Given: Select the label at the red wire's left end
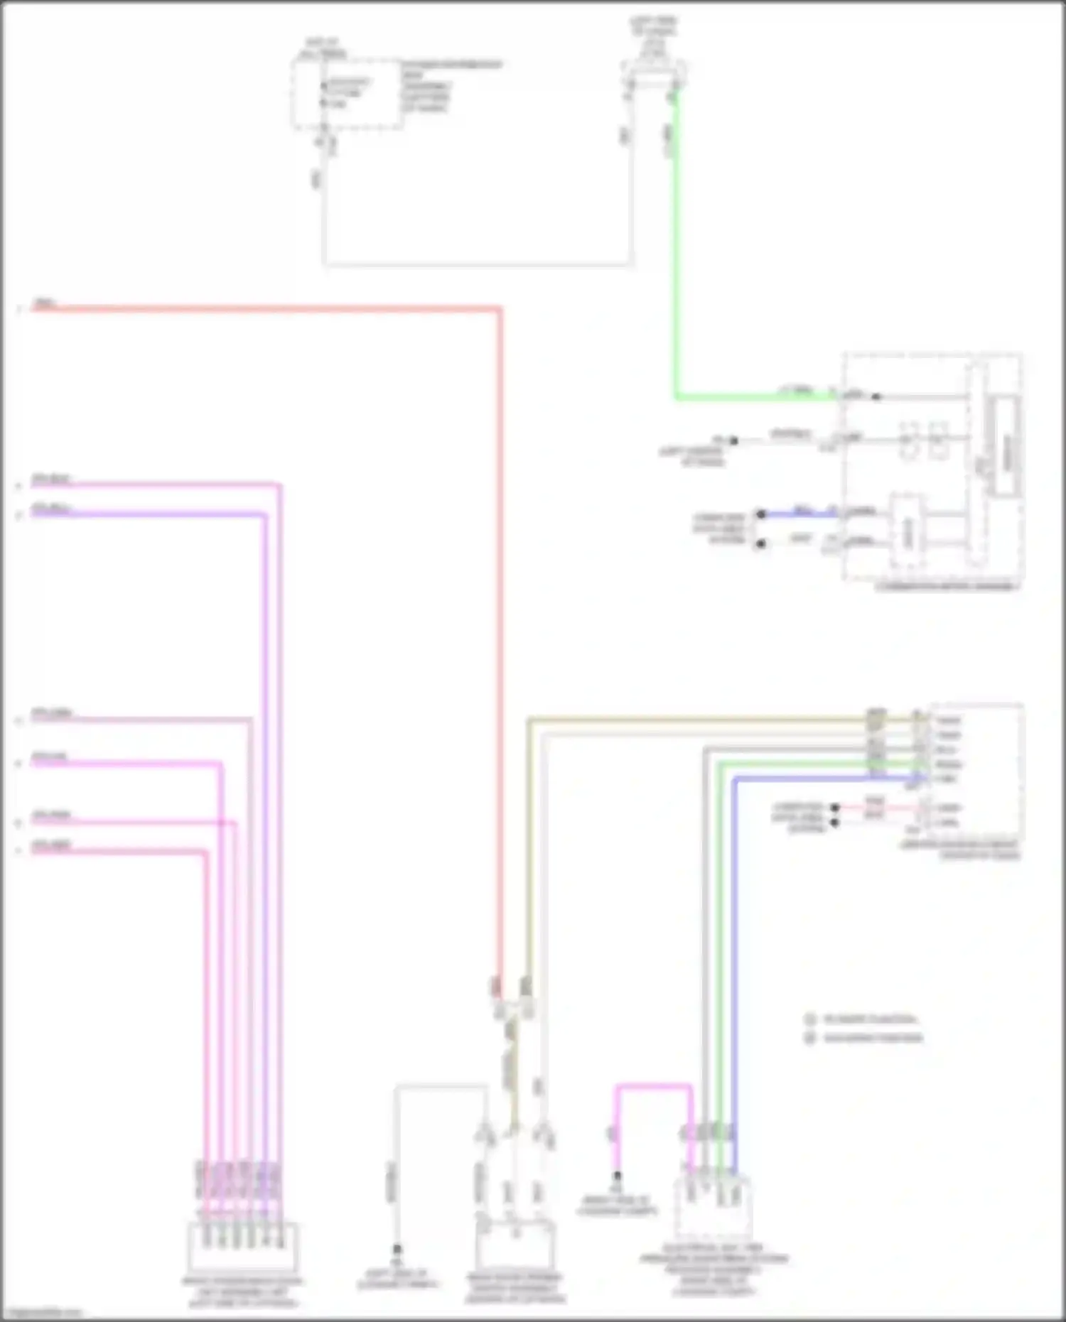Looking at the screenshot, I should click(45, 304).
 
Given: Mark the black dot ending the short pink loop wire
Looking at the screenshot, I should click(617, 1176).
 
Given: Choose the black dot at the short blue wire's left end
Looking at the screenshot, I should click(761, 514).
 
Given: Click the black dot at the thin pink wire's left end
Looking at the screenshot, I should click(835, 808).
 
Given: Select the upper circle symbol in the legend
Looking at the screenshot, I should click(809, 1019).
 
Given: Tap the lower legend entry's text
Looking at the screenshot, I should click(873, 1038).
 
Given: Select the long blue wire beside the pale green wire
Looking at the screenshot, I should click(734, 959).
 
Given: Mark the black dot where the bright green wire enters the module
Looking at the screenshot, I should click(876, 396).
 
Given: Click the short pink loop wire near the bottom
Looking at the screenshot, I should click(653, 1087).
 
